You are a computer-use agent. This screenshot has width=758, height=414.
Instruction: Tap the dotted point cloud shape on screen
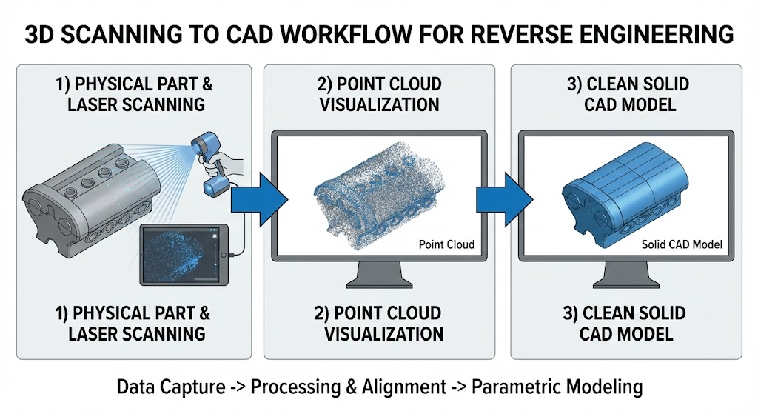point(366,195)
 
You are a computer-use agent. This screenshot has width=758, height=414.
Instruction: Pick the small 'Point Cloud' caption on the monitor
point(446,244)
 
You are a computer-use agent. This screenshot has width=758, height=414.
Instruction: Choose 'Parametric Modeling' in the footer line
point(557,387)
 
